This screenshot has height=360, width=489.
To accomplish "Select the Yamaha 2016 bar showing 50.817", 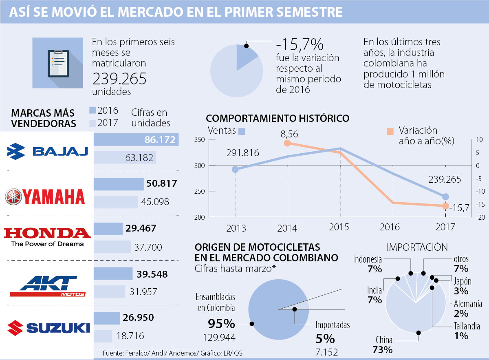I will pos(119,184).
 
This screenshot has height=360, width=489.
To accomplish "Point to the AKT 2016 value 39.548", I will pos(152,274).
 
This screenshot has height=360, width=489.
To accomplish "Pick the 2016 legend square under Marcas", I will pos(92,110).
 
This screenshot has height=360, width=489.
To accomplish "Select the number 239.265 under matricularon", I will pos(119,79).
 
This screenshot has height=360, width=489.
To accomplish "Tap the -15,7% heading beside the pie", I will pos(299,44).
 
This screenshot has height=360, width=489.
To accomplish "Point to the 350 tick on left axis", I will pos(199,139).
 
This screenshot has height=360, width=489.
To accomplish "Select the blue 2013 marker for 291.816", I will pos(235,169).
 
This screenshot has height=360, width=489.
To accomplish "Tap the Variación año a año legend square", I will pos(390,131).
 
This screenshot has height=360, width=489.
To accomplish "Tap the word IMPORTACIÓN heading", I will pos(417,247).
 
